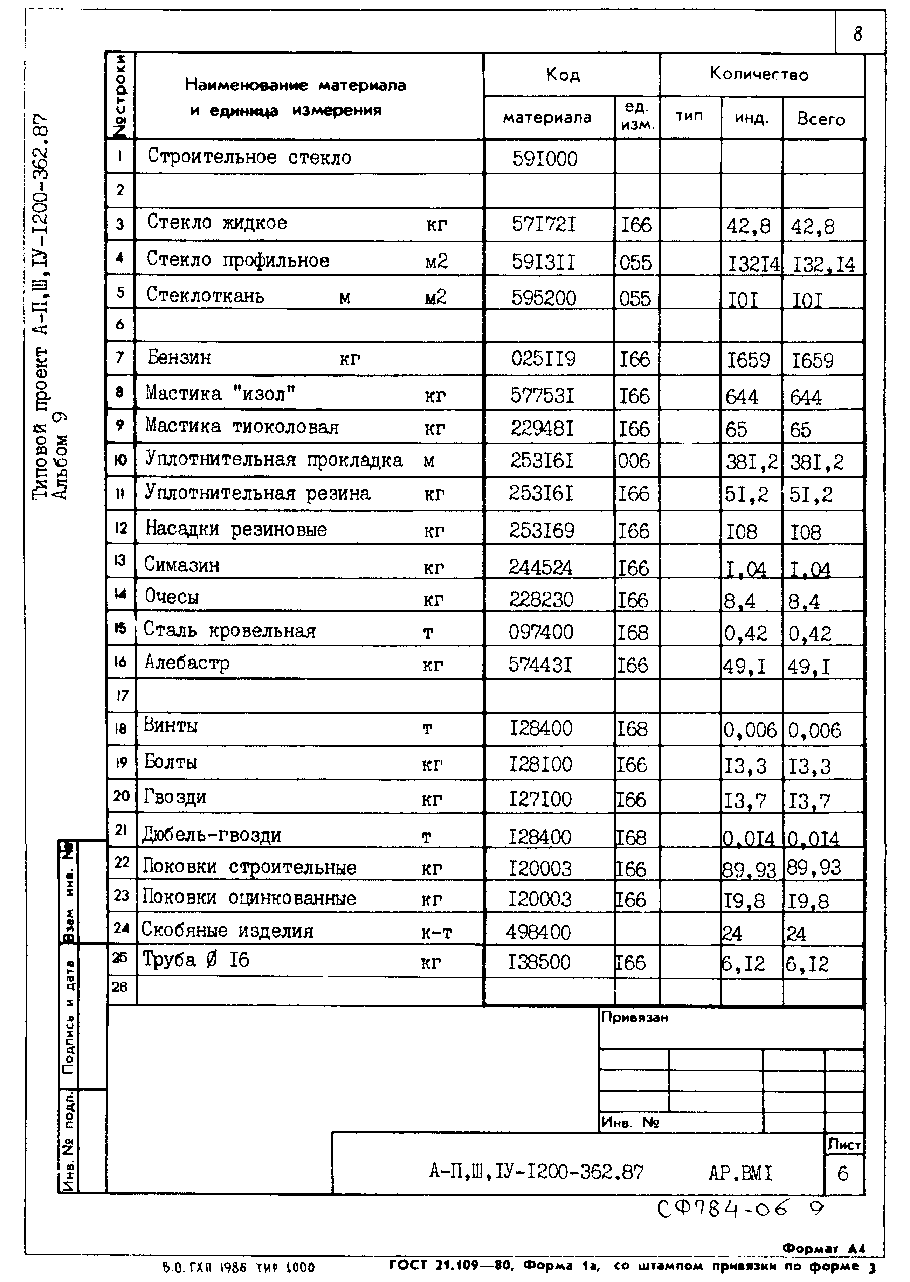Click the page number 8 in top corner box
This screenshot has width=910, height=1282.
click(x=858, y=34)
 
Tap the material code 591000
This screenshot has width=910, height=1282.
click(x=545, y=159)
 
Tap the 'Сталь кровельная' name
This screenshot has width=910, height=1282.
click(x=230, y=631)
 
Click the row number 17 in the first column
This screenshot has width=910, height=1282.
click(x=122, y=696)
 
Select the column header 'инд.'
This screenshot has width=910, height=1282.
click(x=751, y=118)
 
